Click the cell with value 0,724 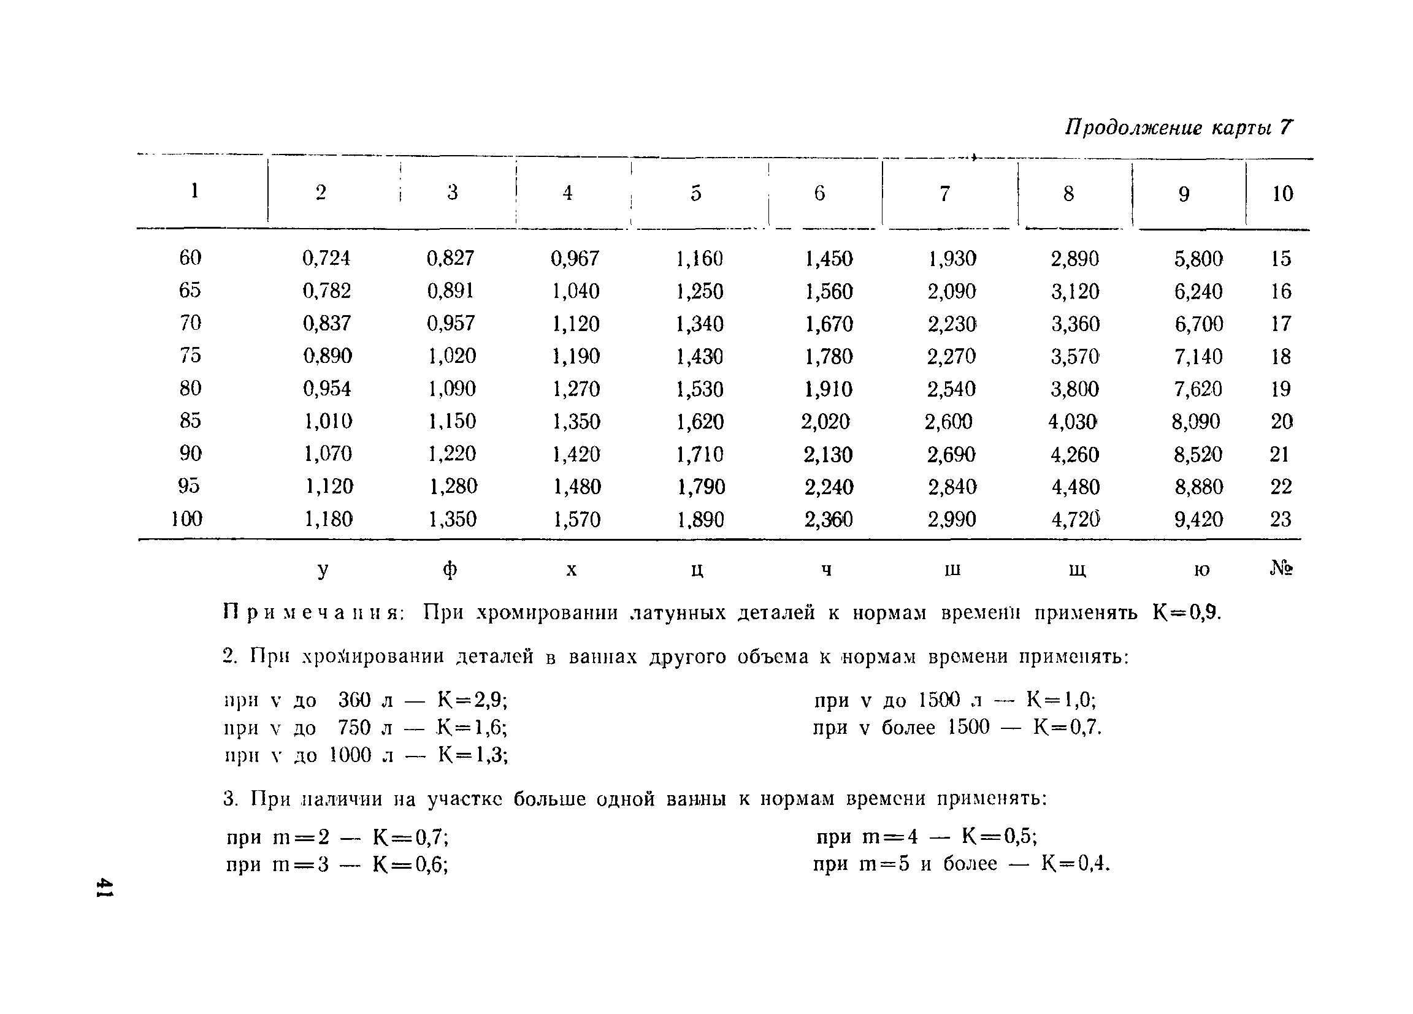coord(326,258)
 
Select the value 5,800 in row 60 coord(1198,259)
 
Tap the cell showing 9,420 coord(1198,519)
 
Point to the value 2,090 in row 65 coord(951,291)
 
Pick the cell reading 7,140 coord(1198,357)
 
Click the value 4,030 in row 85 coord(1072,422)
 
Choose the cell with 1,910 coord(829,389)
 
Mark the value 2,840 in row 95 coord(952,487)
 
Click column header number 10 coord(1282,194)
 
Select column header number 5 coord(696,193)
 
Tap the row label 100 coord(187,519)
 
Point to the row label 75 coord(190,355)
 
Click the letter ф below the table coord(450,570)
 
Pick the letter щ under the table coord(1077,570)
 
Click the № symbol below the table coord(1281,568)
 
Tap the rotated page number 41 coord(104,888)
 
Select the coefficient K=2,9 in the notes coord(472,701)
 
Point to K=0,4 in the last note coord(1075,864)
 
